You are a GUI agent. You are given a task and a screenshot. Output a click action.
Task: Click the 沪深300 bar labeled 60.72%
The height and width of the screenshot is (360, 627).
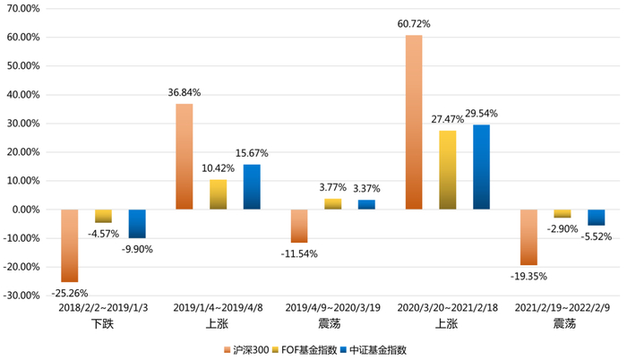414,122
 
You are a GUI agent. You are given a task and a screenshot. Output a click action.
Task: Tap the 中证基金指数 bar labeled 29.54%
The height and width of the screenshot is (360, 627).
482,167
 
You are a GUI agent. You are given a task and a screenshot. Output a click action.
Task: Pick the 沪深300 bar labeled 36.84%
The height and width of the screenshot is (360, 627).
184,157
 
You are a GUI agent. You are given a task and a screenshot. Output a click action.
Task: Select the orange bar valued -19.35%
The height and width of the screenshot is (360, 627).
528,237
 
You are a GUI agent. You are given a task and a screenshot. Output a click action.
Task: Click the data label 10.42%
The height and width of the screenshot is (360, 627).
219,168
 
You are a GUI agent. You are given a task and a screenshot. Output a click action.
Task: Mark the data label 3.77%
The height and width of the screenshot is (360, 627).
333,187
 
